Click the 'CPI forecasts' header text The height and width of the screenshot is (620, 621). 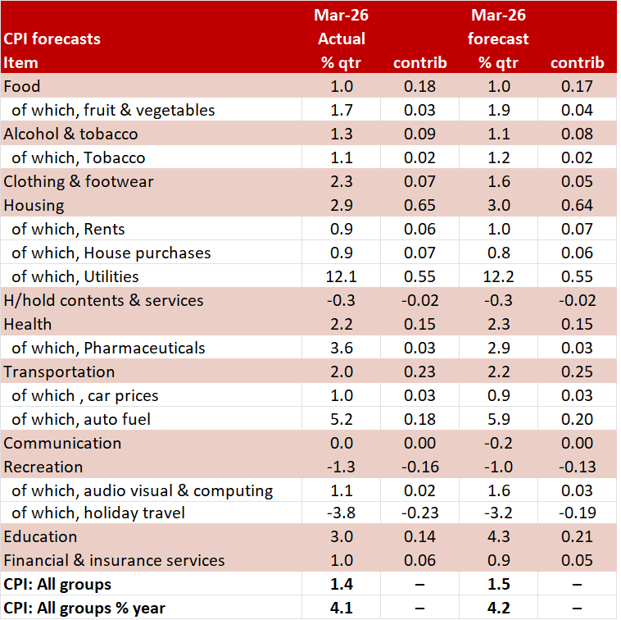tap(52, 39)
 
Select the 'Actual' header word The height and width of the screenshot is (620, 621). tap(341, 39)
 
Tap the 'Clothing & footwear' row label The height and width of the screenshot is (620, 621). tap(79, 181)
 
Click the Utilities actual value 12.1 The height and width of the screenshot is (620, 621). tap(341, 276)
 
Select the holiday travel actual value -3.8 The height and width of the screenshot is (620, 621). tap(341, 513)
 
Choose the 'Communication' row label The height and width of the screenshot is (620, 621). tap(62, 443)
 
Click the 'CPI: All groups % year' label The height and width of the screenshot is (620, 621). tap(84, 608)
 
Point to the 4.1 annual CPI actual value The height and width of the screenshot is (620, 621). tap(341, 608)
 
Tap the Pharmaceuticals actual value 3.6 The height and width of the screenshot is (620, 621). tap(341, 348)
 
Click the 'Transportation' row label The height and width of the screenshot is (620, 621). tap(59, 372)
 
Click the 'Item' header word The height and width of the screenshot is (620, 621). tap(20, 62)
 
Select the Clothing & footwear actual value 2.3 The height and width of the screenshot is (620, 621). tap(341, 181)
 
